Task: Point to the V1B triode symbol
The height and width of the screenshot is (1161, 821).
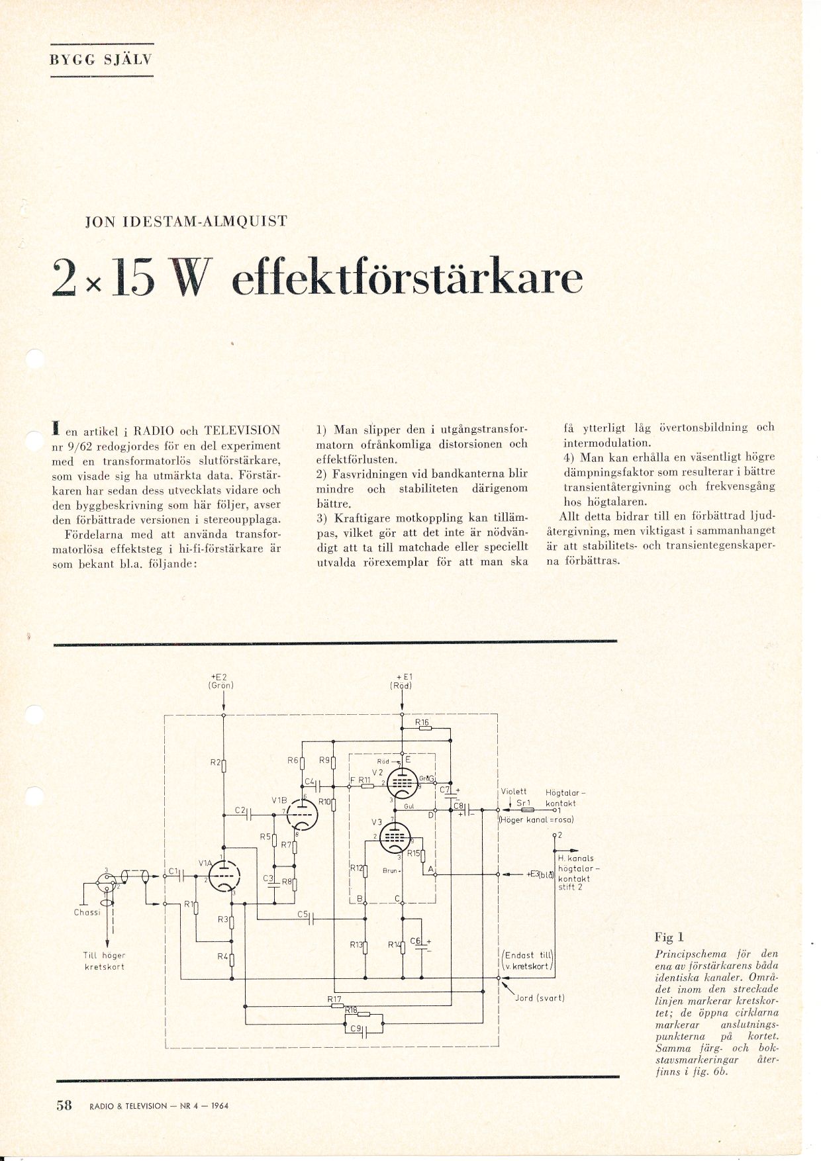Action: click(x=303, y=812)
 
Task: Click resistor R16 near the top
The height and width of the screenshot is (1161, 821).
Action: click(x=424, y=729)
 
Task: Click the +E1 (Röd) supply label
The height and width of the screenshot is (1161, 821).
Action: click(x=401, y=681)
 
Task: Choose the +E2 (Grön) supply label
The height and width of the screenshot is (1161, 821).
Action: click(x=220, y=680)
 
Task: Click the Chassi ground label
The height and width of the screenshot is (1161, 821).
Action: click(x=87, y=912)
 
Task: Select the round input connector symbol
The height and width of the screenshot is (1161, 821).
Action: click(x=106, y=880)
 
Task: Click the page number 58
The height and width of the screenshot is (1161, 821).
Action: click(x=64, y=1105)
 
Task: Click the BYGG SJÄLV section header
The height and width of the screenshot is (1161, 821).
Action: click(x=101, y=59)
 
